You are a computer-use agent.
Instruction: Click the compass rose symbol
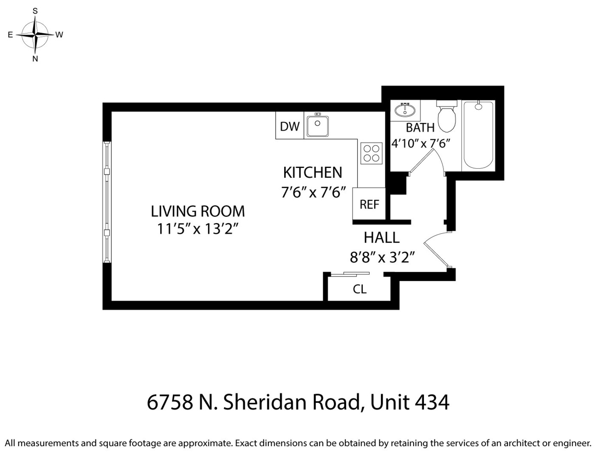(35, 34)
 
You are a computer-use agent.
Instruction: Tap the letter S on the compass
(35, 11)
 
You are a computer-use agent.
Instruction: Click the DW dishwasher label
(290, 126)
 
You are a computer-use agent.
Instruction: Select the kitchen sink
(318, 126)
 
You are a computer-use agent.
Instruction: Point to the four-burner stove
(371, 154)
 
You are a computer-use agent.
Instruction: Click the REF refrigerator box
(369, 204)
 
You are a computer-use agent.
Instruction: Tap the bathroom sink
(405, 110)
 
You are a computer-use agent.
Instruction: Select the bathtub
(478, 135)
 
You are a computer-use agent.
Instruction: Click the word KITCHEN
(313, 173)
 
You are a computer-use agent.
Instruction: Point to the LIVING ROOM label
(198, 211)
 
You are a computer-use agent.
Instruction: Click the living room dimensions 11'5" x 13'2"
(197, 229)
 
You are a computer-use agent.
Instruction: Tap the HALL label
(381, 238)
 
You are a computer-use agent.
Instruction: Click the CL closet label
(359, 289)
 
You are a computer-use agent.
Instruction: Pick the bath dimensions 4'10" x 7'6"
(420, 143)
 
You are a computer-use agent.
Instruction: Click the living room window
(107, 202)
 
